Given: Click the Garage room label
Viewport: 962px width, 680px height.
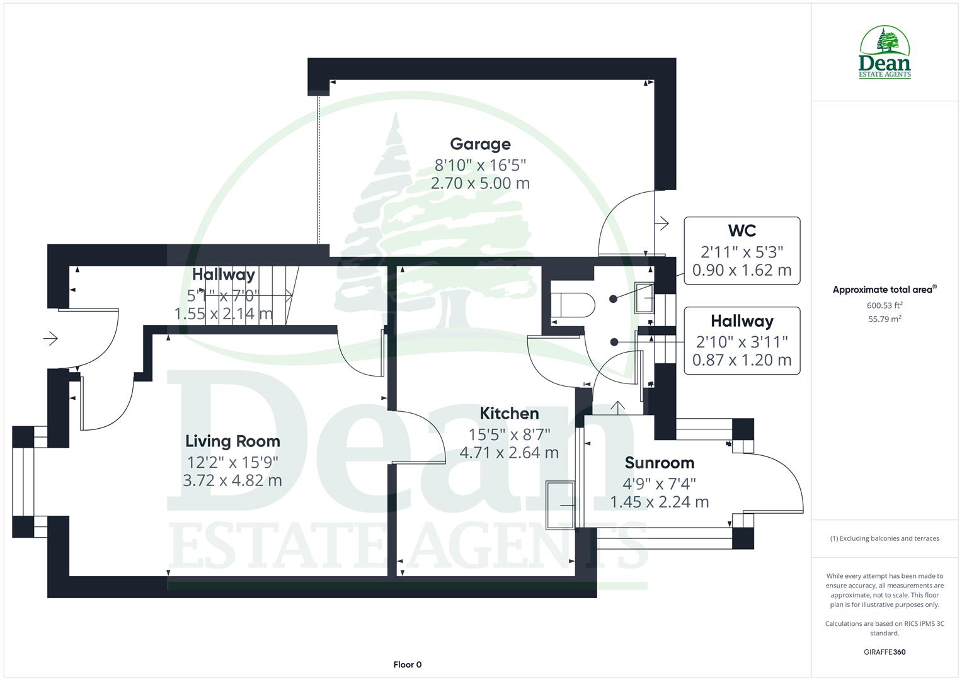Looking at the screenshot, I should pyautogui.click(x=480, y=144).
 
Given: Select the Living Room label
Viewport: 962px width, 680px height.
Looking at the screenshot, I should pyautogui.click(x=232, y=441).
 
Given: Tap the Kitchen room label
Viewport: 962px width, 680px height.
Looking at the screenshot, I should pyautogui.click(x=509, y=414).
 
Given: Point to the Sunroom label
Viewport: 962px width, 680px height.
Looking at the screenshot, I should pyautogui.click(x=659, y=463).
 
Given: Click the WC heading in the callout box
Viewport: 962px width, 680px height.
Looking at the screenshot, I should pyautogui.click(x=742, y=231).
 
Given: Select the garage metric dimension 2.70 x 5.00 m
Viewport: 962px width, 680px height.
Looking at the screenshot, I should pyautogui.click(x=480, y=184).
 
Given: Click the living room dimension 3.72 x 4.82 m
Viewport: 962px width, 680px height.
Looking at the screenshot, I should pyautogui.click(x=232, y=481).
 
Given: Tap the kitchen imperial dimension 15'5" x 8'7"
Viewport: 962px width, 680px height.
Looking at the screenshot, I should pyautogui.click(x=509, y=434).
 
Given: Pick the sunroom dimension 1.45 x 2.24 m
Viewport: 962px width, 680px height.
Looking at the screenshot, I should pyautogui.click(x=659, y=502).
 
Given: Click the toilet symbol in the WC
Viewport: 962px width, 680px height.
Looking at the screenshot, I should pyautogui.click(x=572, y=306).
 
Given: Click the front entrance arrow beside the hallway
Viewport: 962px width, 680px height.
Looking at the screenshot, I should pyautogui.click(x=50, y=339).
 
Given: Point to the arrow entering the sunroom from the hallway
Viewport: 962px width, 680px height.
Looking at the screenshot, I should pyautogui.click(x=618, y=408).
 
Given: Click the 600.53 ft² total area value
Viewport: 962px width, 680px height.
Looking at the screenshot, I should pyautogui.click(x=885, y=305).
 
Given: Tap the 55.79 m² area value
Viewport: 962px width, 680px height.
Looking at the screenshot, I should pyautogui.click(x=885, y=319).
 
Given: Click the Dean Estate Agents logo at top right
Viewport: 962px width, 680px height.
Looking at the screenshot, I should pyautogui.click(x=885, y=53).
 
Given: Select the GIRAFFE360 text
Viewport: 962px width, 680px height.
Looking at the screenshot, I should pyautogui.click(x=885, y=652).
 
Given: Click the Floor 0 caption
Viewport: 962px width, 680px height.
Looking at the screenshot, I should pyautogui.click(x=407, y=664).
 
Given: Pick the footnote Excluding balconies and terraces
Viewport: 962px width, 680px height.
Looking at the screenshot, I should pyautogui.click(x=885, y=538).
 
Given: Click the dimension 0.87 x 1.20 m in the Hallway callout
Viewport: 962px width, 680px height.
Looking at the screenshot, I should pyautogui.click(x=742, y=360).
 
